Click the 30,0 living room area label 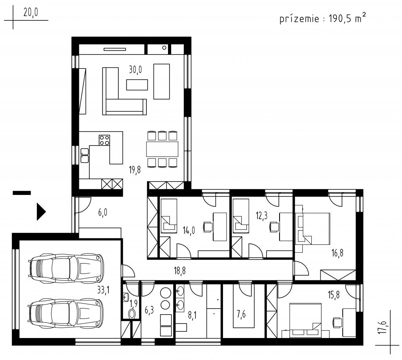click(135, 69)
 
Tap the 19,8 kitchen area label click(135, 169)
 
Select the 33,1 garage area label click(103, 290)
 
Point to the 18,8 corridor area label click(180, 270)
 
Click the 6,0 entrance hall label click(102, 213)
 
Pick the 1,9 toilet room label click(133, 304)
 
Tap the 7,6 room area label click(241, 314)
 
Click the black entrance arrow click(41, 212)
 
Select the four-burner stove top click(104, 140)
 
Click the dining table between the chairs click(162, 149)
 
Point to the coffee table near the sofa click(137, 85)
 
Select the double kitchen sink click(85, 155)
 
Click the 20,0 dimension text click(31, 12)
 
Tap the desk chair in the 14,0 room click(208, 227)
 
